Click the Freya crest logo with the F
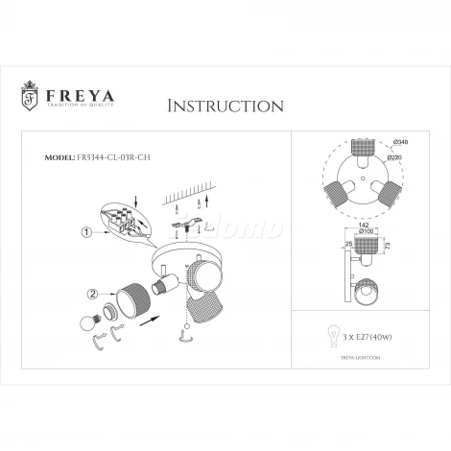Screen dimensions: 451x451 click(29, 98)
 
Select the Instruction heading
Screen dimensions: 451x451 click(225, 105)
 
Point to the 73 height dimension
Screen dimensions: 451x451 click(385, 245)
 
